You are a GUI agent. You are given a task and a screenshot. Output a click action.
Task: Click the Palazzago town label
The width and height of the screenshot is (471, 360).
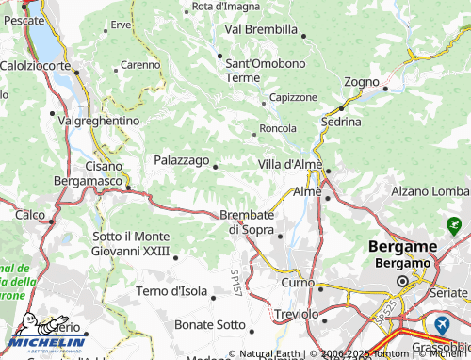[x=182, y=160]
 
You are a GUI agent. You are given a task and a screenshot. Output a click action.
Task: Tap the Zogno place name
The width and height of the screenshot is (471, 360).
[x=361, y=82]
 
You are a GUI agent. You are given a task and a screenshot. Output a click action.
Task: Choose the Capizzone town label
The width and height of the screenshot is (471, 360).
[x=293, y=97]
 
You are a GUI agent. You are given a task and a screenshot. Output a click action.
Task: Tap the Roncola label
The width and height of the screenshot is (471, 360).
[x=278, y=128]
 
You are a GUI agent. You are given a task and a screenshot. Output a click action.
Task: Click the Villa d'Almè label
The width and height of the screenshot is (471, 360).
[x=290, y=164]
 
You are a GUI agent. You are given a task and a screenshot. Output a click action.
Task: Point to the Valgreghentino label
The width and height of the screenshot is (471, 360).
[x=99, y=122]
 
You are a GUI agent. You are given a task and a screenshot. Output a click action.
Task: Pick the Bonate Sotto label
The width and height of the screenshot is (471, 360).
[x=209, y=324]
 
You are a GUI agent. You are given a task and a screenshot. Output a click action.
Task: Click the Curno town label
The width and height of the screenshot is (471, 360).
[x=297, y=282]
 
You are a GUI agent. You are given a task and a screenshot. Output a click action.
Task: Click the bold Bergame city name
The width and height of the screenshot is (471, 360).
[x=402, y=246]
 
